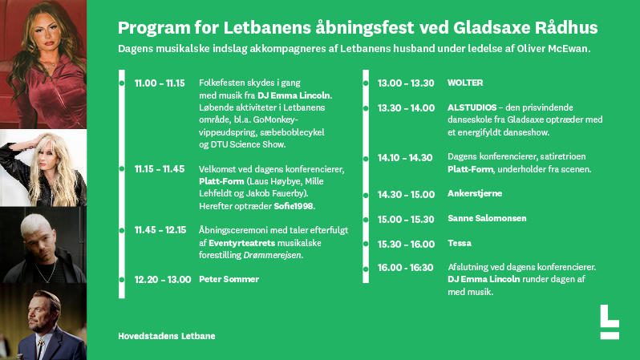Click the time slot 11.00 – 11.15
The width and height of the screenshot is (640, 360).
click(160, 83)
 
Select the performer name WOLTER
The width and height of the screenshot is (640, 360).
click(465, 83)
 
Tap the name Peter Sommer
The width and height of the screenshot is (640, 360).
click(229, 279)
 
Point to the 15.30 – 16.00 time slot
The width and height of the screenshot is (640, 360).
click(406, 244)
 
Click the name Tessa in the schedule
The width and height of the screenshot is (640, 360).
click(460, 243)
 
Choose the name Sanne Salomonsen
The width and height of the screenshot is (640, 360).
click(487, 218)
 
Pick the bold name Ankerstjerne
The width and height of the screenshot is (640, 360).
click(475, 193)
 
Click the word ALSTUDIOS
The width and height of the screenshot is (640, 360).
click(472, 107)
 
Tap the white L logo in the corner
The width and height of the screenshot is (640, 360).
click(610, 322)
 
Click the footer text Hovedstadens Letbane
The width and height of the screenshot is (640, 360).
click(167, 336)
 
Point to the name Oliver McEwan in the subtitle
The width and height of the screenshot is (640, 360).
click(553, 49)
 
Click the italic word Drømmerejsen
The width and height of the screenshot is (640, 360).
click(272, 255)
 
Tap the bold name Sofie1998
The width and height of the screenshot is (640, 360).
click(294, 206)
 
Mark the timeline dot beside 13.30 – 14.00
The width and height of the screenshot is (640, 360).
click(366, 108)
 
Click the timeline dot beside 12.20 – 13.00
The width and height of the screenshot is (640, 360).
click(122, 280)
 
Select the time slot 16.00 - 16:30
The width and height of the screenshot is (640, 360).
click(405, 268)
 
